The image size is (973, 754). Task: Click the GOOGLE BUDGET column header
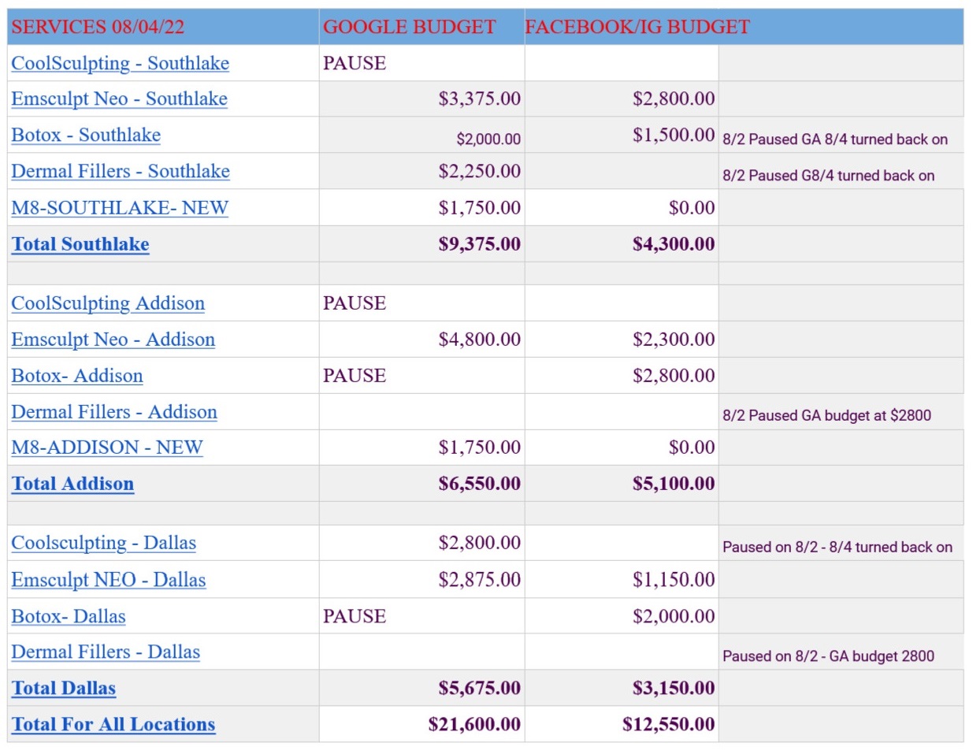click(409, 27)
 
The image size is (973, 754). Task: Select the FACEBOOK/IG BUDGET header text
click(637, 27)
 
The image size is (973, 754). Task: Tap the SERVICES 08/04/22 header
click(98, 27)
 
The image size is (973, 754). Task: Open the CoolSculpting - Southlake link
click(120, 63)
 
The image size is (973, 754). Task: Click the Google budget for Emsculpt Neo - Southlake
click(479, 98)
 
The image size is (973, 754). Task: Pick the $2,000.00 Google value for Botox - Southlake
click(488, 139)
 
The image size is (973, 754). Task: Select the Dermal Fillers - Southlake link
click(121, 171)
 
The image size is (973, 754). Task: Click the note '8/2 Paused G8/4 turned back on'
click(828, 175)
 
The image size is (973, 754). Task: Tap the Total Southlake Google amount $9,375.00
click(479, 244)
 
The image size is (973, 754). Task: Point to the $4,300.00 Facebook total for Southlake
click(673, 244)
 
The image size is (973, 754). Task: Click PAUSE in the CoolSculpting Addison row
click(355, 303)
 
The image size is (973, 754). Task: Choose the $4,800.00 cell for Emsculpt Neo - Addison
click(479, 340)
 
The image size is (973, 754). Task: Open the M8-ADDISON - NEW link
click(107, 448)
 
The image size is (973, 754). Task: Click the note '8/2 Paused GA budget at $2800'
click(826, 415)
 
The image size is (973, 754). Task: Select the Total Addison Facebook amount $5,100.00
click(673, 484)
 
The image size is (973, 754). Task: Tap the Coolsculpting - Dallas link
click(103, 543)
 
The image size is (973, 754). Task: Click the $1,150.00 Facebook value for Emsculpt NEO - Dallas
click(673, 580)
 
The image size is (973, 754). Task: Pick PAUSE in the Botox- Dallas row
click(355, 616)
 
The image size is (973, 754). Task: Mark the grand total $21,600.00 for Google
click(474, 724)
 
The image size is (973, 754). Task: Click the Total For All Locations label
click(113, 724)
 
